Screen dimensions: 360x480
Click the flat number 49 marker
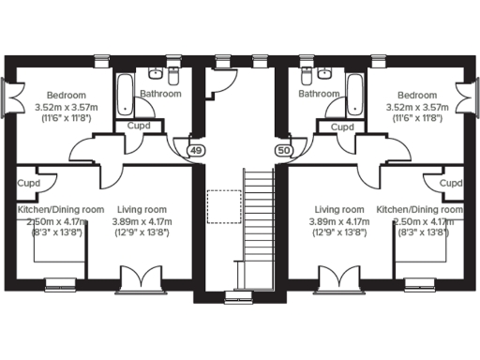[x=195, y=150]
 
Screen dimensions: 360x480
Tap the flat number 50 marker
[x=284, y=150]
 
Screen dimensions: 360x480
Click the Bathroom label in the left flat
[x=160, y=94]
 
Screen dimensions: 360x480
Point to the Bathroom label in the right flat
[x=319, y=94]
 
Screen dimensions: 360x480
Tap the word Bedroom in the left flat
[x=67, y=96]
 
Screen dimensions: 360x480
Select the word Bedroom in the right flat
[x=416, y=96]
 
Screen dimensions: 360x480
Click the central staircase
[x=255, y=225]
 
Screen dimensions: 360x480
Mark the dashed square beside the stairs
[x=222, y=206]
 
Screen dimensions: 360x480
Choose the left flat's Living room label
[x=142, y=209]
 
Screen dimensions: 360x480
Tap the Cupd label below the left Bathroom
[x=137, y=126]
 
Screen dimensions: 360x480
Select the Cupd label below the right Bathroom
[x=343, y=126]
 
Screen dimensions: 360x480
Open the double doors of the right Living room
[x=338, y=278]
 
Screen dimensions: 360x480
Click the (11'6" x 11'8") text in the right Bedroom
[x=416, y=120]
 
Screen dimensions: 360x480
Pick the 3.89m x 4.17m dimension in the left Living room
[x=142, y=221]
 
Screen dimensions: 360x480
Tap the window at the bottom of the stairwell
[x=240, y=297]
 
